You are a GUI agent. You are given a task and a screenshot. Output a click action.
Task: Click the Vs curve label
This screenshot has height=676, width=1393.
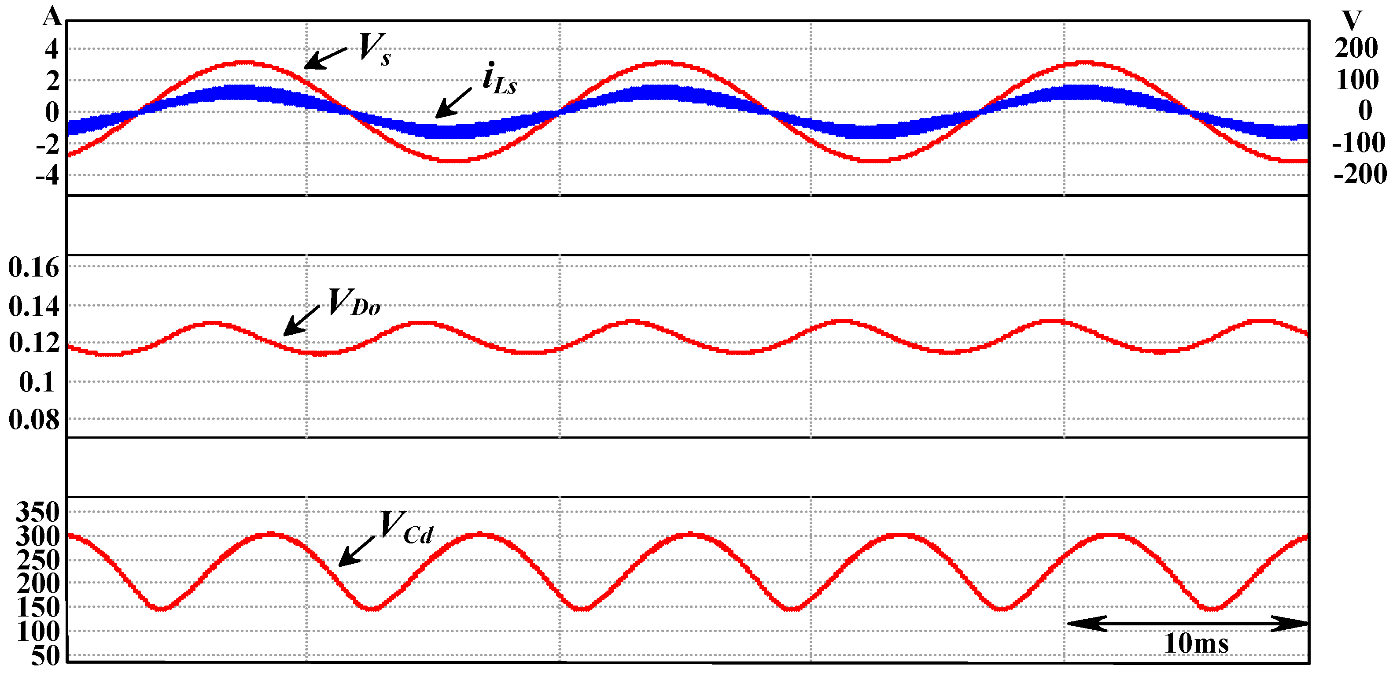point(374,49)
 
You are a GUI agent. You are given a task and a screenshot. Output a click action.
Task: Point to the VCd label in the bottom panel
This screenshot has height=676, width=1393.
point(405,527)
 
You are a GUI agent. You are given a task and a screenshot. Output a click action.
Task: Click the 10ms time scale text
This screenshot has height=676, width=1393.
point(1196,643)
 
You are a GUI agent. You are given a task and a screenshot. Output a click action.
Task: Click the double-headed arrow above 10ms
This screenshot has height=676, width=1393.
point(1187,624)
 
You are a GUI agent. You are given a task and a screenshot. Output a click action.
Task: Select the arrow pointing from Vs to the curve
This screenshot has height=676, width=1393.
point(325,58)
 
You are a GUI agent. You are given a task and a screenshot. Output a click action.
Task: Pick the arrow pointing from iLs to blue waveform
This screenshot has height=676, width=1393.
point(453,103)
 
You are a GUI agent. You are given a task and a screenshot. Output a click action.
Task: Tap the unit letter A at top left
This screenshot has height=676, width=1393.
point(52,16)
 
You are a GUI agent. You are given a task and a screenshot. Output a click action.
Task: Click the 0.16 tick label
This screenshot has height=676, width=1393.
point(33,267)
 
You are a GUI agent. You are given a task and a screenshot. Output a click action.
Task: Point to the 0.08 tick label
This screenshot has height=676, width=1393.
point(33,419)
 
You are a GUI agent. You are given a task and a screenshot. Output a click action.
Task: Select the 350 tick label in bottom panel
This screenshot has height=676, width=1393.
point(37,512)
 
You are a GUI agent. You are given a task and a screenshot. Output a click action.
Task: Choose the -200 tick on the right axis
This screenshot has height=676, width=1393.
point(1360,174)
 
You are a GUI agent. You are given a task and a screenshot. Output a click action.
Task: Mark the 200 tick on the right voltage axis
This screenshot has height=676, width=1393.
point(1356,48)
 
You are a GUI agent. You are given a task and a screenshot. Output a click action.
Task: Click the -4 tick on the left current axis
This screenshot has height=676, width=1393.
point(47,175)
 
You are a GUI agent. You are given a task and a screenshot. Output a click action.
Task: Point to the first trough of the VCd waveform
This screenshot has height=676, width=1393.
point(162,609)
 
